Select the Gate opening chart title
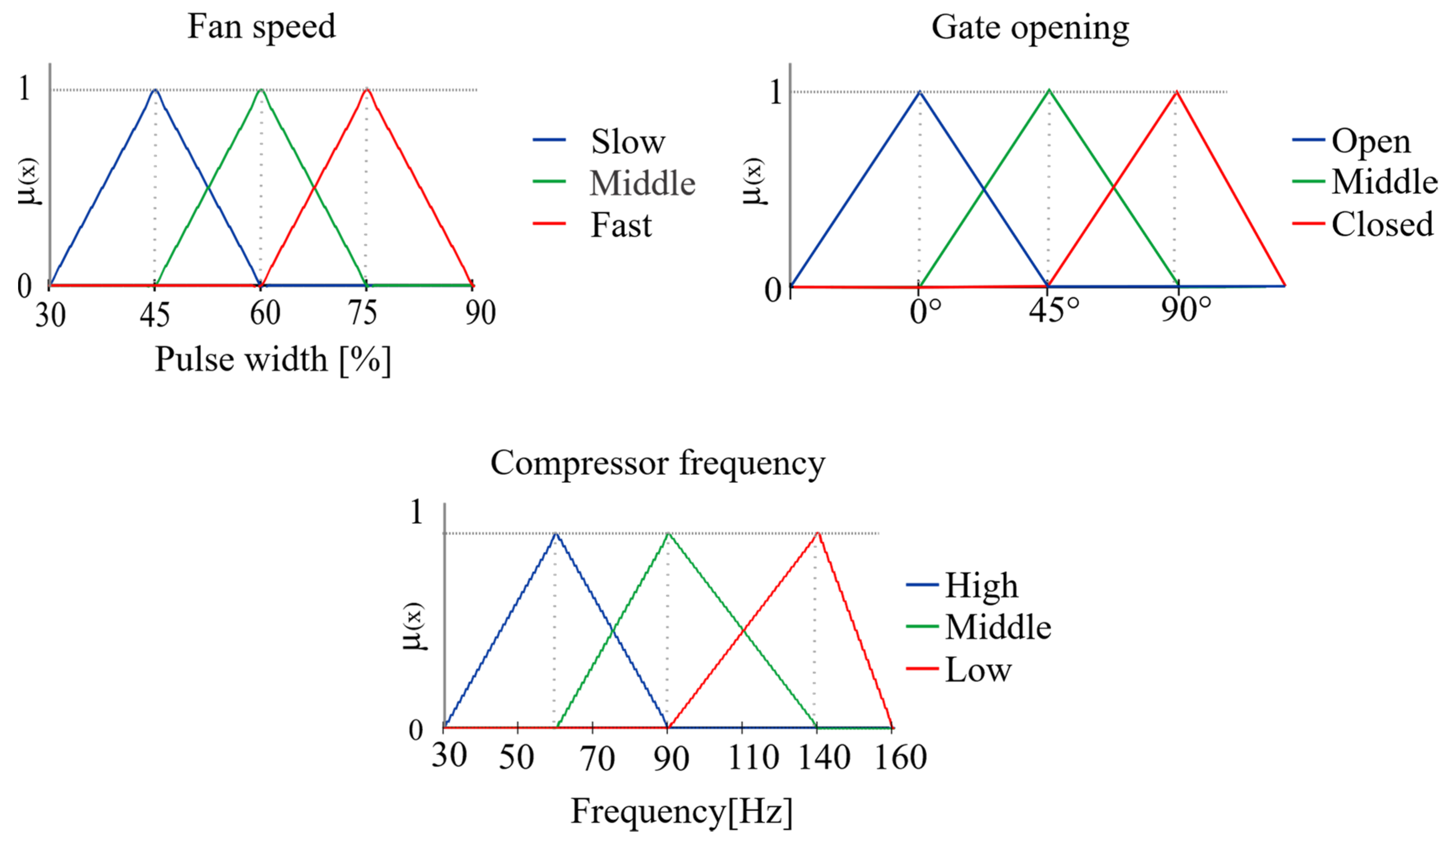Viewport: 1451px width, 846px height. coord(1030,28)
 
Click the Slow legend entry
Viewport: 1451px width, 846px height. coord(628,142)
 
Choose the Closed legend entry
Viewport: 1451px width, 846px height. coord(1382,224)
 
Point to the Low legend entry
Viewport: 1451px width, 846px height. coord(978,670)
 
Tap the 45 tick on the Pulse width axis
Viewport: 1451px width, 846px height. coord(154,315)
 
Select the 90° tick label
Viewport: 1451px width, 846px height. coord(1185,310)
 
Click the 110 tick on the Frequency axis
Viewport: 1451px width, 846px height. coord(753,757)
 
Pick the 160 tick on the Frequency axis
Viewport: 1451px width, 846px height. coord(901,757)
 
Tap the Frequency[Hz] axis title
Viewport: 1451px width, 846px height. coord(681,812)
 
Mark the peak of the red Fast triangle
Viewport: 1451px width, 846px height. coord(367,89)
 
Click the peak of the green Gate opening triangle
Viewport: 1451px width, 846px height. coord(1049,91)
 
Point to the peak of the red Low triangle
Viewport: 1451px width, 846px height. coord(817,533)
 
